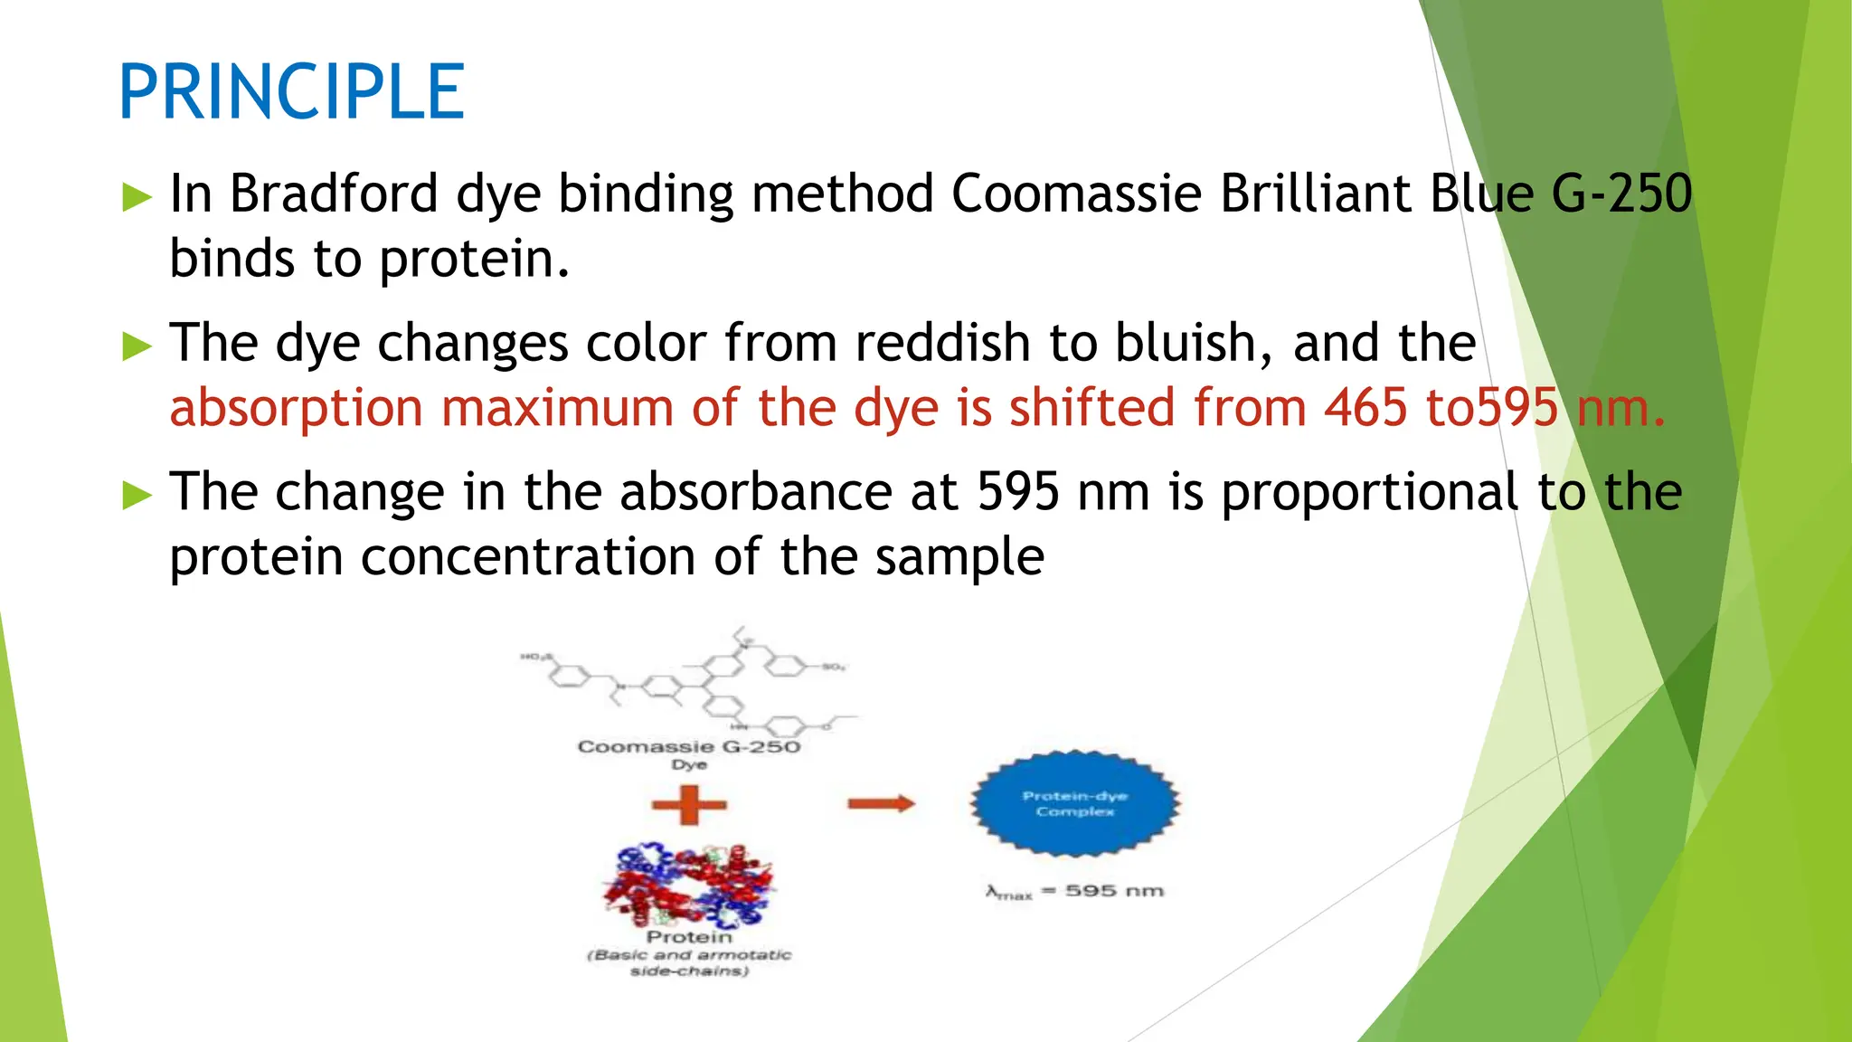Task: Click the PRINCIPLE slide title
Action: pos(291,91)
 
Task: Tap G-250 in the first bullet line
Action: pos(1621,194)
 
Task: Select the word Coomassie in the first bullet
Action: pos(1076,194)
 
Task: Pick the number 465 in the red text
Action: pos(1365,408)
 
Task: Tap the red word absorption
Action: pos(297,408)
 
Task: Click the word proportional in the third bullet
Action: pos(1370,492)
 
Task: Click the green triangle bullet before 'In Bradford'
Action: pos(137,196)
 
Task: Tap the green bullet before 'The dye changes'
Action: pos(137,346)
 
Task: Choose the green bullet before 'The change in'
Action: pos(137,495)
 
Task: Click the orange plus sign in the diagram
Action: pos(689,804)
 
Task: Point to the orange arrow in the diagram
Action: pos(881,803)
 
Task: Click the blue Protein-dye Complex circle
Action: pos(1075,803)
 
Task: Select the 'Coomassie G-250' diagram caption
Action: pos(689,747)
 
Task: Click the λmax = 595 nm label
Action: pos(1074,892)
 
